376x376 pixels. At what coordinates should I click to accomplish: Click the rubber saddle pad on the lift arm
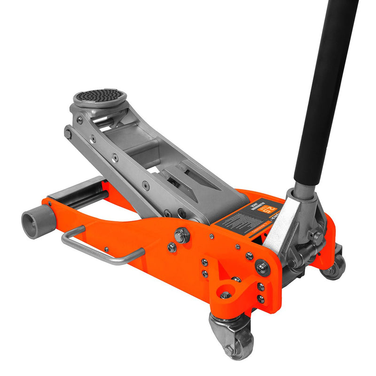(100, 95)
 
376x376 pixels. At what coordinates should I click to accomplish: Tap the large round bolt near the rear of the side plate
(262, 268)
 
